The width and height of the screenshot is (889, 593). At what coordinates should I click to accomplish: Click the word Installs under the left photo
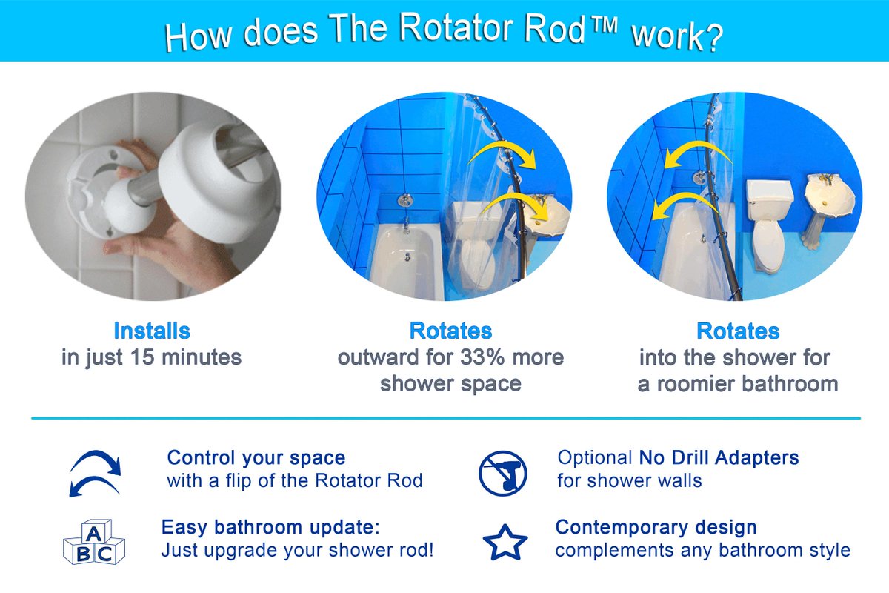(x=152, y=331)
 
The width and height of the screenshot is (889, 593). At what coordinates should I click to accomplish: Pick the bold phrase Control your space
(x=256, y=457)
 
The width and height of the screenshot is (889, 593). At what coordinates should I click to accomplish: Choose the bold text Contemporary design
(x=656, y=527)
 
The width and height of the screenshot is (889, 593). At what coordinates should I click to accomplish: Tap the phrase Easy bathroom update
(x=270, y=528)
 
